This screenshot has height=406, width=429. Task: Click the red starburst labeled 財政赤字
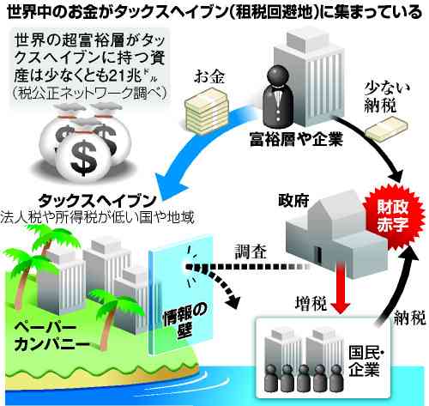click(x=394, y=215)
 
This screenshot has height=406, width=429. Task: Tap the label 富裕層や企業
click(x=296, y=140)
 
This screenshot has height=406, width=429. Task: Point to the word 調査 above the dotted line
click(x=251, y=251)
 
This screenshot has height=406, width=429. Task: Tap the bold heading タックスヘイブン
click(x=97, y=201)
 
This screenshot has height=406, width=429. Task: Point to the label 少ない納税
click(x=385, y=97)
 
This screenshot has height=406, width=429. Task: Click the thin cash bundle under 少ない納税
click(x=387, y=130)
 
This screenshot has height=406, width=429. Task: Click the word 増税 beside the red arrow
click(x=311, y=303)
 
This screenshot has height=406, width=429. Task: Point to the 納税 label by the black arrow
click(x=410, y=318)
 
